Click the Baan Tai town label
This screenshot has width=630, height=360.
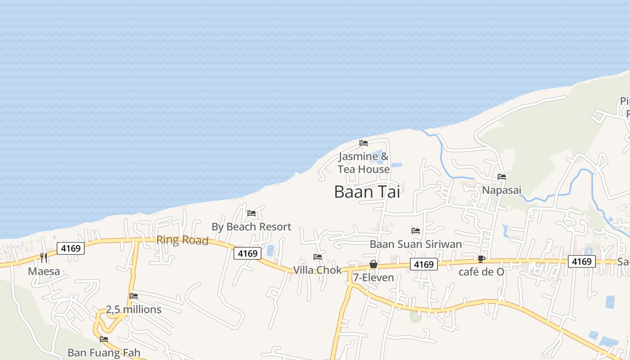[x=367, y=192]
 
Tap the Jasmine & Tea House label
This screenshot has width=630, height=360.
[x=364, y=163]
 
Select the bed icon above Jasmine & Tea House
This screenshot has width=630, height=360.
[x=364, y=143]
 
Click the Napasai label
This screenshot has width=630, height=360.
[x=501, y=190]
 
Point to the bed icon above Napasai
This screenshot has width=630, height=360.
[x=502, y=177]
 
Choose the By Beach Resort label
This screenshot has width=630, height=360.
[x=251, y=227]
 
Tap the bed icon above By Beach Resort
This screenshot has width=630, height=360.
[x=252, y=213]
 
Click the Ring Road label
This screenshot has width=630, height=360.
[x=182, y=240]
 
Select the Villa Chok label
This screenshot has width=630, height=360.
[x=317, y=270]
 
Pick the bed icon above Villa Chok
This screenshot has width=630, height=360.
[x=318, y=257]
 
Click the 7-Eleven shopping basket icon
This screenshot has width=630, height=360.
[x=373, y=264]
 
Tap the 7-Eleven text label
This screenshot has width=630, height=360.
[x=373, y=278]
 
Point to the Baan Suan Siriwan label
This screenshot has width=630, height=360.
[x=415, y=244]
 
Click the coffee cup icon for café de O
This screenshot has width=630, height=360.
[x=481, y=259]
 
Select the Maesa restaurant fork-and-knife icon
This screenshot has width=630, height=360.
[x=44, y=258]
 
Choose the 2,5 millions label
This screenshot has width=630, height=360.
[x=133, y=310]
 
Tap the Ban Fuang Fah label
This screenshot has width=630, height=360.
[x=104, y=352]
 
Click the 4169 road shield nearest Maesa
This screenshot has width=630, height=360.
[x=71, y=248]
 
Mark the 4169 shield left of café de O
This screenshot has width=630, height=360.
[x=423, y=265]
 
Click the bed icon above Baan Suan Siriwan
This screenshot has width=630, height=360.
[x=416, y=231]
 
